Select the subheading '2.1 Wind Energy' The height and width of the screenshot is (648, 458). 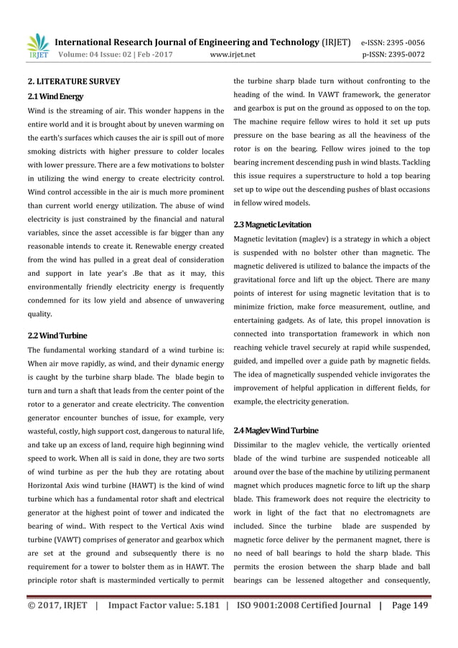(55, 96)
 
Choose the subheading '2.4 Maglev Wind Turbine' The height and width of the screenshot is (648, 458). (276, 430)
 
